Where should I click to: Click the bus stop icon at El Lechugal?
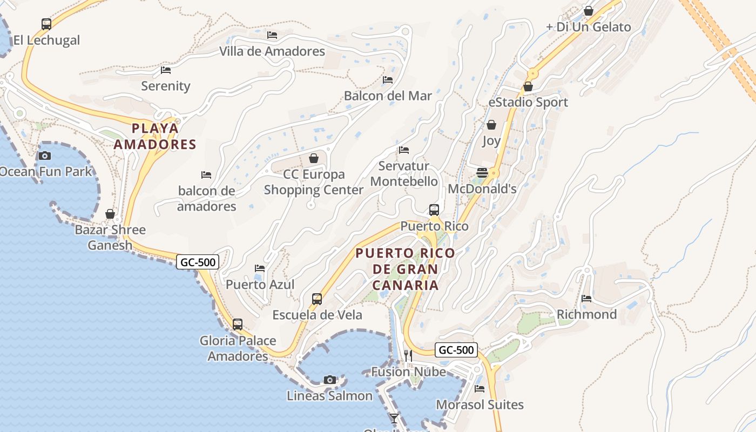[x=46, y=24]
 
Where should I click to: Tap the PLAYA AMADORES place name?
[x=155, y=136]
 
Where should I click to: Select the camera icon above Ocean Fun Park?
[x=45, y=156]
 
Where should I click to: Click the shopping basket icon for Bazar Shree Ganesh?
[x=110, y=214]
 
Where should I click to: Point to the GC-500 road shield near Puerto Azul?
[x=198, y=262]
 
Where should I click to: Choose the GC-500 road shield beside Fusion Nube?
[x=456, y=350]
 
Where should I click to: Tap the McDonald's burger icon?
[x=482, y=173]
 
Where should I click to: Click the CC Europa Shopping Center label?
[x=314, y=183]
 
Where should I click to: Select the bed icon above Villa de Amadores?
[x=272, y=35]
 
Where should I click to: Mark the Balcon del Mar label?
[x=388, y=96]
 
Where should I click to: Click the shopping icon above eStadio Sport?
[x=528, y=86]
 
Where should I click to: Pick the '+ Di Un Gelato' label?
[x=588, y=27]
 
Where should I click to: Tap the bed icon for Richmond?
[x=586, y=299]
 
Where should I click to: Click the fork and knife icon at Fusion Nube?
[x=408, y=355]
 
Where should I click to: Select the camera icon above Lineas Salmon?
[x=330, y=380]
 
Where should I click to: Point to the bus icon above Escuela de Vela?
[x=317, y=299]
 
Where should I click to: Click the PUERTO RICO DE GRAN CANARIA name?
[x=405, y=269]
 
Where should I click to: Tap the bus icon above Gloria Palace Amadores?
[x=238, y=325]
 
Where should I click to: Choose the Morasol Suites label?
[x=480, y=404]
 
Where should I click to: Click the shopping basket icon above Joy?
[x=491, y=125]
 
